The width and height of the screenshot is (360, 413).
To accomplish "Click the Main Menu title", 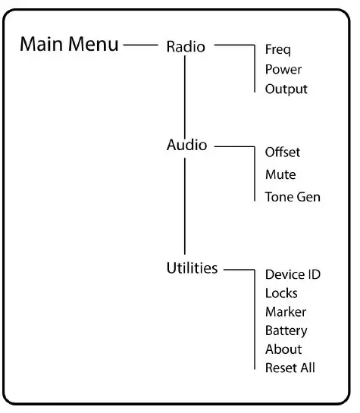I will click(x=69, y=44).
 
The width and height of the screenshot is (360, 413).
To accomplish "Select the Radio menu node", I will click(x=186, y=46).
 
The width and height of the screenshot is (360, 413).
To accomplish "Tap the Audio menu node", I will click(x=186, y=145).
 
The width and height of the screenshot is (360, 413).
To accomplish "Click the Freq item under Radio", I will click(x=278, y=50).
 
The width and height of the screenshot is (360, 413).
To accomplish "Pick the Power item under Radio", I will click(x=283, y=70).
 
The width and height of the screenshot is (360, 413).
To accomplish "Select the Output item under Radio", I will click(x=286, y=89).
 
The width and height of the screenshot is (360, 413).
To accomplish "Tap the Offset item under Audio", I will click(x=283, y=152).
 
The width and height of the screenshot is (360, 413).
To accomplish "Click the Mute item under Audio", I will click(x=280, y=175).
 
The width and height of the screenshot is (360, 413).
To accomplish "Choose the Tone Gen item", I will click(x=293, y=197).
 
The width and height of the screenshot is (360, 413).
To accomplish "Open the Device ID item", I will click(x=293, y=274).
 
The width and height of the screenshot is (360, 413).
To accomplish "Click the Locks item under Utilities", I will click(x=281, y=293).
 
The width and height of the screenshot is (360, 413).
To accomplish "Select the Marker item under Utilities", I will click(x=286, y=311).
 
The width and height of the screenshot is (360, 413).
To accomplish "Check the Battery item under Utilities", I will click(x=286, y=330).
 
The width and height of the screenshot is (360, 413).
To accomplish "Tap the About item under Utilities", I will click(x=283, y=349).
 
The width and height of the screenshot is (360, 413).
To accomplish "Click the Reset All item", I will click(x=290, y=368).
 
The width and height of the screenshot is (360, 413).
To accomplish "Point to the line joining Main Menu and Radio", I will click(x=139, y=45).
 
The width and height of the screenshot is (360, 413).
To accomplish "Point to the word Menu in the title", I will click(x=92, y=44).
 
